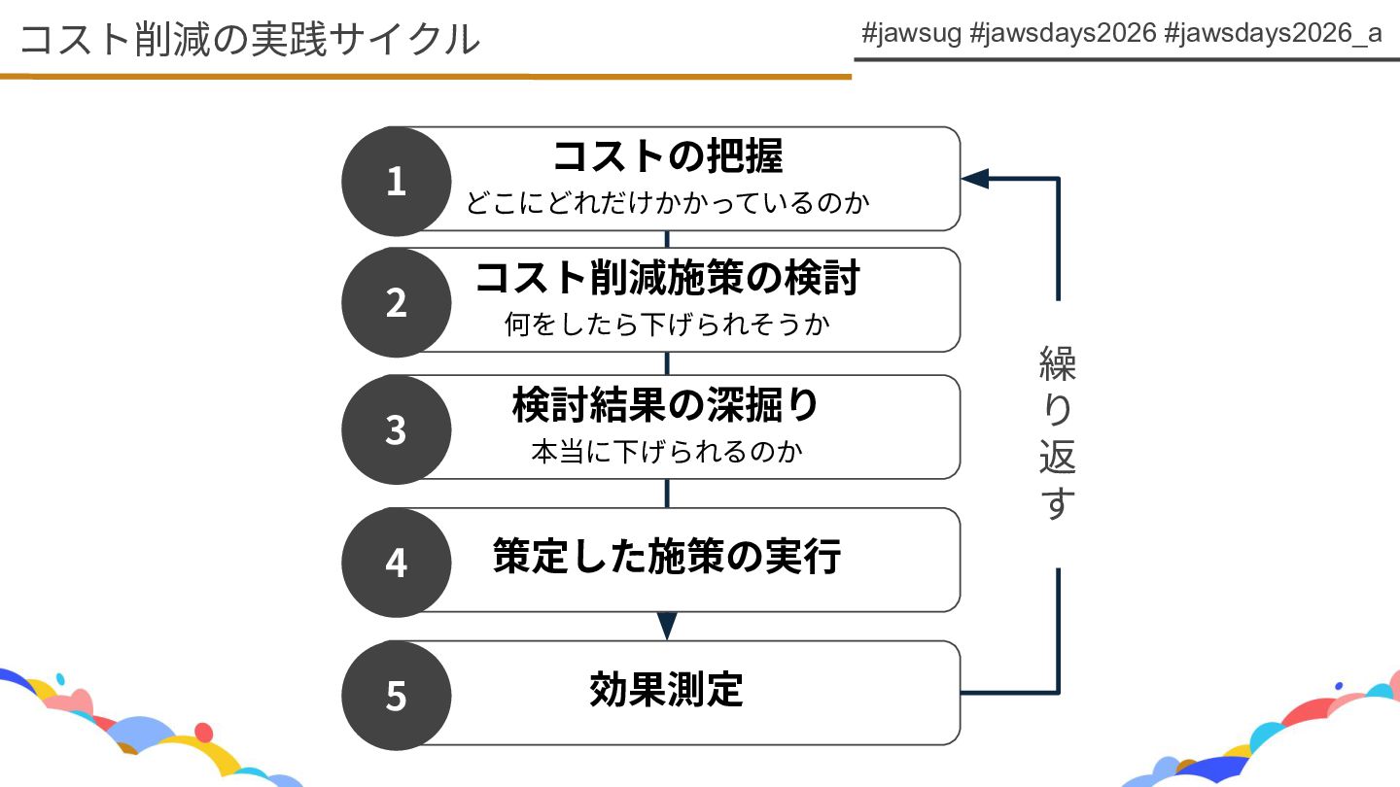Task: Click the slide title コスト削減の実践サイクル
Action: (249, 39)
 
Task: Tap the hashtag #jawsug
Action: (911, 33)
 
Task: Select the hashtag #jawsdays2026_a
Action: (1273, 33)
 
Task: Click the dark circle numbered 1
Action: (396, 182)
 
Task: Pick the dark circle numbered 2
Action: (396, 302)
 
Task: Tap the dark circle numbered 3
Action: (396, 429)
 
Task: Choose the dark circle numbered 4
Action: (396, 563)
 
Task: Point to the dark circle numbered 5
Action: (396, 696)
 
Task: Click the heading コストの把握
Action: (667, 156)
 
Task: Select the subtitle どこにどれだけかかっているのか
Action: (667, 203)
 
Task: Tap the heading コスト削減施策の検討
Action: (667, 278)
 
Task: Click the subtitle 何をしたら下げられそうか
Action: (667, 324)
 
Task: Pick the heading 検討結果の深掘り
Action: (667, 405)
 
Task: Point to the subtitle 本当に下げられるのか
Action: (667, 452)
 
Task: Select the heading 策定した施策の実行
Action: (667, 558)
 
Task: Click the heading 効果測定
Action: (667, 690)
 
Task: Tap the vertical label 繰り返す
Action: (1058, 432)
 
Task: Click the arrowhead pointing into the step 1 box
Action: (975, 179)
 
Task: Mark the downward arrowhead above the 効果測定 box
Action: (667, 626)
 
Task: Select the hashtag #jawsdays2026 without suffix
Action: (1063, 33)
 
